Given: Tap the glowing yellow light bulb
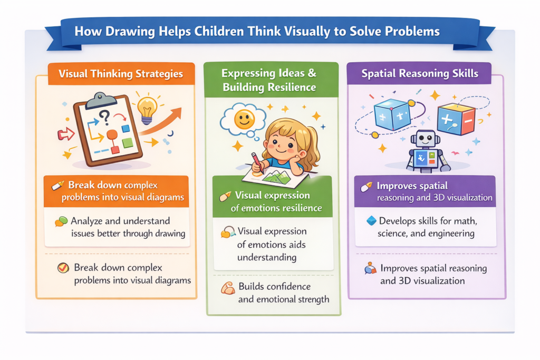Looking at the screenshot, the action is (147, 110).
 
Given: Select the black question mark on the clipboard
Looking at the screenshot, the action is (104, 118).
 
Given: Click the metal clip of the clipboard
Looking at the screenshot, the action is (101, 100).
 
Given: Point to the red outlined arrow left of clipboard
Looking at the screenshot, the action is (66, 134).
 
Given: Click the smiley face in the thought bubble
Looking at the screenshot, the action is (244, 119).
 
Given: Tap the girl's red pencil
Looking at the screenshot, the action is (257, 163).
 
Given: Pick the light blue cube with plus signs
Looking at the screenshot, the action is (392, 115).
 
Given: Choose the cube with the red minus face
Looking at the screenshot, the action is (456, 119).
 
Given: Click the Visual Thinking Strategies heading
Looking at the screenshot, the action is (121, 74).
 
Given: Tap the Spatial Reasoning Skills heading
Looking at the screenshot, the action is (420, 73).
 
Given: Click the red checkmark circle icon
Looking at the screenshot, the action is (63, 267).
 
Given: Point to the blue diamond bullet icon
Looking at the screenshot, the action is (371, 221).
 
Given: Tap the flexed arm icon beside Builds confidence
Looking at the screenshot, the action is (228, 288).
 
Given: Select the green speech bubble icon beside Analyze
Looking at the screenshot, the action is (61, 221).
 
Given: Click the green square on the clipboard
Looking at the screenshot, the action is (128, 142).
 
